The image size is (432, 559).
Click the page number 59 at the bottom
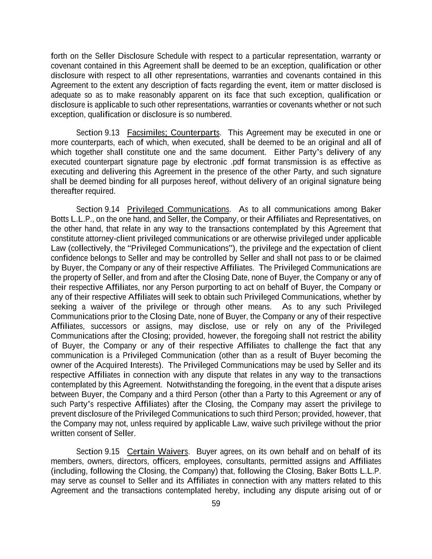[x=216, y=504]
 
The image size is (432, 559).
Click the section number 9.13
[x=112, y=133]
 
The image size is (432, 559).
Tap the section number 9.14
[x=112, y=210]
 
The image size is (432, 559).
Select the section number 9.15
[x=112, y=452]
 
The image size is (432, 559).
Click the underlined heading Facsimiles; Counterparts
[x=174, y=133]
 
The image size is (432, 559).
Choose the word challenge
[x=308, y=346]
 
